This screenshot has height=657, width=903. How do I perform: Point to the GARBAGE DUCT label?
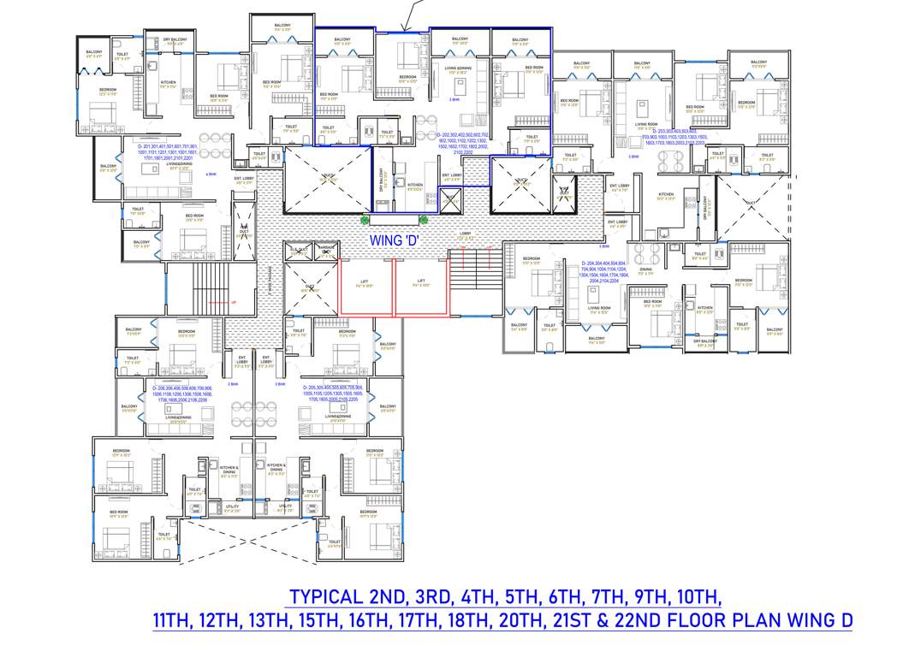coord(326,251)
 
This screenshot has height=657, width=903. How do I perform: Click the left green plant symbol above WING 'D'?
coord(365,220)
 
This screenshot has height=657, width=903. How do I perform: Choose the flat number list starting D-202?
coord(463,143)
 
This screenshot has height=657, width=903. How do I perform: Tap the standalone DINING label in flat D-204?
coord(645,270)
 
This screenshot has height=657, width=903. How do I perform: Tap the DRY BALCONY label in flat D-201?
coord(176,39)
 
